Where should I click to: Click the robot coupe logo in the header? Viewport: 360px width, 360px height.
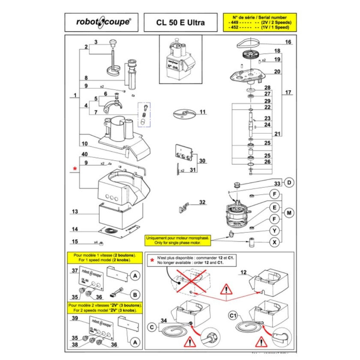[x=101, y=22]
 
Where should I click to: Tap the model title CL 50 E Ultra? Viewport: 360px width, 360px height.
[x=180, y=23]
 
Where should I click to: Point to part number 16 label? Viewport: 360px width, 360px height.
[x=288, y=42]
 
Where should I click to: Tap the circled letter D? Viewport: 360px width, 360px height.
[x=290, y=183]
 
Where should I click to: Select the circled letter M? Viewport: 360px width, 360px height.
[x=290, y=213]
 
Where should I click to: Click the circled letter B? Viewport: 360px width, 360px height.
[x=135, y=295]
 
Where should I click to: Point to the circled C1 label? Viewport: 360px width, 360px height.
[x=233, y=316]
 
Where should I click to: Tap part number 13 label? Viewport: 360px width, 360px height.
[x=75, y=212]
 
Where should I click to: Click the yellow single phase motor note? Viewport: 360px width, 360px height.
[x=178, y=240]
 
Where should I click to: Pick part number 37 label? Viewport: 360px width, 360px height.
[x=74, y=270]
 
